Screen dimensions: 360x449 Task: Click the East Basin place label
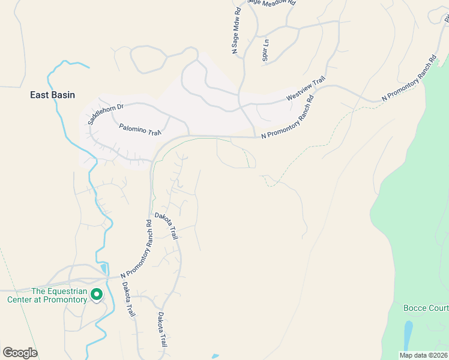(x=52, y=95)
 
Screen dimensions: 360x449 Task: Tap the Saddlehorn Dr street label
(x=105, y=114)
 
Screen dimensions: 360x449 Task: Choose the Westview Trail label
(x=306, y=88)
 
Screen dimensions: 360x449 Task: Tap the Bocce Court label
(x=426, y=308)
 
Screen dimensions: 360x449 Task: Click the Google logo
(x=20, y=352)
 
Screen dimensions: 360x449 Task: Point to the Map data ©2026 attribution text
(x=423, y=355)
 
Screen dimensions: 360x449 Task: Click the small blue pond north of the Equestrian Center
(x=104, y=268)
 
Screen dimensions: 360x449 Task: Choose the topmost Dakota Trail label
(x=166, y=226)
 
